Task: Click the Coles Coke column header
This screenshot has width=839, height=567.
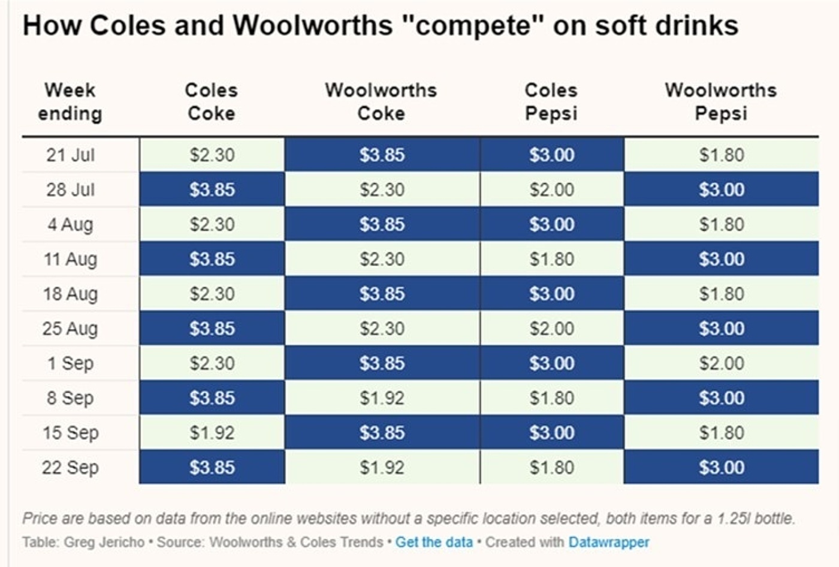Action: (x=211, y=101)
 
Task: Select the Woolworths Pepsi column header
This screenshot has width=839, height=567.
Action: (x=720, y=101)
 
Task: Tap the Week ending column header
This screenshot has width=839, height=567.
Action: (x=70, y=101)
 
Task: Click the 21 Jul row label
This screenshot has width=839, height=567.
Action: (x=70, y=155)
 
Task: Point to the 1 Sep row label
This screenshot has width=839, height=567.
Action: (x=70, y=363)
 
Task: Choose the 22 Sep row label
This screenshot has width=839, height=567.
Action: (x=70, y=468)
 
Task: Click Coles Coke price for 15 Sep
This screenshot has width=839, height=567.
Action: (x=212, y=433)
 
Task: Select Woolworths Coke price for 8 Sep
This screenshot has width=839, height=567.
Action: (x=382, y=398)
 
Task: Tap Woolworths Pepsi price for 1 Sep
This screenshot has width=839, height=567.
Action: (x=721, y=363)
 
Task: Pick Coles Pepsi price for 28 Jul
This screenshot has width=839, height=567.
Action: (x=551, y=189)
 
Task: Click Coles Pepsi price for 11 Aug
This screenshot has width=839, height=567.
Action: (x=551, y=259)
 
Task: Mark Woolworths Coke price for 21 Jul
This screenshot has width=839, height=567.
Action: (x=382, y=155)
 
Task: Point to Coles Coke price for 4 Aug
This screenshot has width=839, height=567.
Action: (x=212, y=224)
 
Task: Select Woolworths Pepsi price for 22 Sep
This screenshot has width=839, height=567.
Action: (x=721, y=468)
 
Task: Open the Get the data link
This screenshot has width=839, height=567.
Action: (x=434, y=542)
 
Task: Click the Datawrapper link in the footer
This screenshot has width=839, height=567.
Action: (x=608, y=542)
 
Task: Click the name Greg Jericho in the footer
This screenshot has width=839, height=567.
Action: (x=104, y=542)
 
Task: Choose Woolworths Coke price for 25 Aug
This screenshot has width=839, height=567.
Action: (x=382, y=328)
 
